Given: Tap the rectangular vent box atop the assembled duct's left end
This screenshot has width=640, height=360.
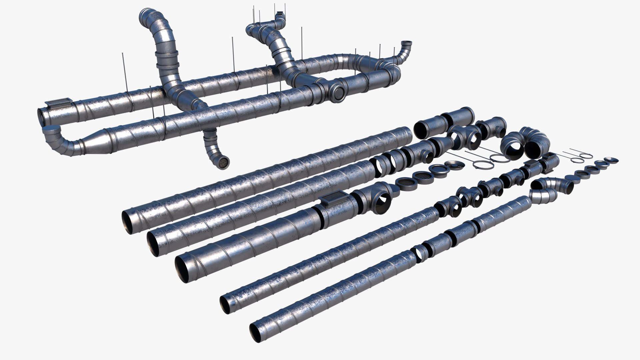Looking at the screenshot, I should pos(59,103).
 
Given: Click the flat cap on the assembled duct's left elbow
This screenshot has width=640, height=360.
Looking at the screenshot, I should pos(51,129).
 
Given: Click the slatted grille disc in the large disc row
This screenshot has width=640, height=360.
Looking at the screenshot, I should pos(422,176).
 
